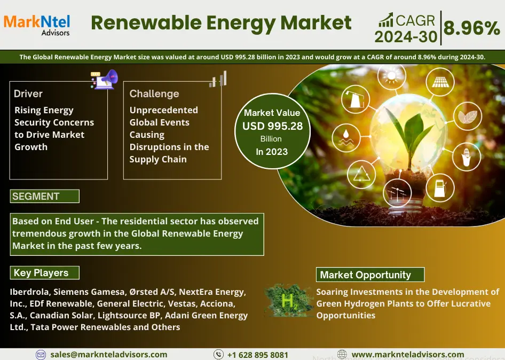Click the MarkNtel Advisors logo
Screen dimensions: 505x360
[37, 25]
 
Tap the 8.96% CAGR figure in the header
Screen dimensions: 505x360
[471, 28]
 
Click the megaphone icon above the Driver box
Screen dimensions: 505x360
[105, 79]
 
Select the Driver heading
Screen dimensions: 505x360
[28, 94]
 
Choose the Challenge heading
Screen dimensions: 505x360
[154, 94]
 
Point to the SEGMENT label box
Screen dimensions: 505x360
[45, 196]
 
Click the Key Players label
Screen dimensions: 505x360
[45, 273]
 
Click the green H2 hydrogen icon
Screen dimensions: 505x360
[288, 300]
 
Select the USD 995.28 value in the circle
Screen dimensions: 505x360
[272, 126]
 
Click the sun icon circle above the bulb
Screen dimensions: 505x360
[392, 76]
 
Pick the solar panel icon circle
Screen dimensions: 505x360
[440, 82]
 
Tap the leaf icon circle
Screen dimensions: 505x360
[468, 116]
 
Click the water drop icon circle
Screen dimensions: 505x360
[346, 138]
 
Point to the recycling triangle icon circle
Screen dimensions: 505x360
[361, 174]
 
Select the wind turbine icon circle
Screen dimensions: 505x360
[397, 193]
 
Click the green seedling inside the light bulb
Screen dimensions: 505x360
[409, 135]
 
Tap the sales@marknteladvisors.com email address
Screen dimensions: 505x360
[109, 355]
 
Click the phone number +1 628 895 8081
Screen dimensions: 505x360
[258, 355]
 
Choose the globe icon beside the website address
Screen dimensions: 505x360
[342, 354]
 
